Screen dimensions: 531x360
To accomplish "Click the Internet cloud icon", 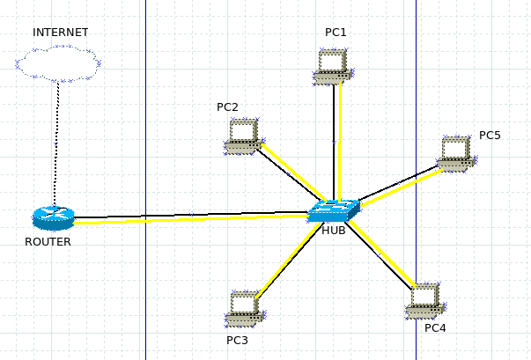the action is pyautogui.click(x=58, y=63).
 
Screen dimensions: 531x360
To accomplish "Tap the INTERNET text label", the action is pyautogui.click(x=61, y=33).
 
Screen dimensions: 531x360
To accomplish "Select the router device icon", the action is pyautogui.click(x=54, y=217).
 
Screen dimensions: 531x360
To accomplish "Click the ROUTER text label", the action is pyautogui.click(x=48, y=241).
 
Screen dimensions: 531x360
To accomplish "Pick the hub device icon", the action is pyautogui.click(x=335, y=210).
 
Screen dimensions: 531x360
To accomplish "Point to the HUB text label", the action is pyautogui.click(x=334, y=231).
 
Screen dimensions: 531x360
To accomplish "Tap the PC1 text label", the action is pyautogui.click(x=336, y=33).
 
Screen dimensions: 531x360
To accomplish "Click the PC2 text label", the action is pyautogui.click(x=227, y=107).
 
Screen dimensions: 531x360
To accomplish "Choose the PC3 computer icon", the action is pyautogui.click(x=244, y=307).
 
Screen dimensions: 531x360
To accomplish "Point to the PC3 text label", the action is pyautogui.click(x=237, y=340).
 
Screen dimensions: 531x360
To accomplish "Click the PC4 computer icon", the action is pyautogui.click(x=425, y=299).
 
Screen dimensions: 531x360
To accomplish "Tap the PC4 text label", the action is pyautogui.click(x=435, y=328).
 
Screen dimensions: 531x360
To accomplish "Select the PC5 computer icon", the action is pyautogui.click(x=456, y=152).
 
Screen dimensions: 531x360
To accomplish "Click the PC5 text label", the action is pyautogui.click(x=490, y=136).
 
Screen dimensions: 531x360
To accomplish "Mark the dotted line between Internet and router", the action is pyautogui.click(x=55, y=141).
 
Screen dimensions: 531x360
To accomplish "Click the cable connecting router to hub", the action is pyautogui.click(x=194, y=217).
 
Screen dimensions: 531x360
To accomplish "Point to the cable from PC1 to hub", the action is pyautogui.click(x=336, y=141).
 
